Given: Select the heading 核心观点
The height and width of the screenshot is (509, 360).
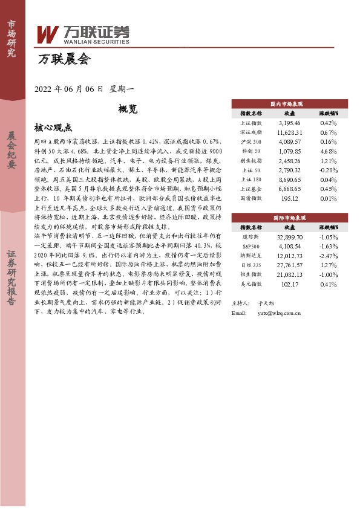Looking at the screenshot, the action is (53, 128).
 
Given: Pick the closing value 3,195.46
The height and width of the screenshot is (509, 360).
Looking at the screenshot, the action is (289, 123).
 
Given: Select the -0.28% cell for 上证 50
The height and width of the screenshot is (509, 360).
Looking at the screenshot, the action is (328, 171).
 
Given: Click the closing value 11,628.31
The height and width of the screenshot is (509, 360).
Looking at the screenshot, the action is (289, 131).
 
